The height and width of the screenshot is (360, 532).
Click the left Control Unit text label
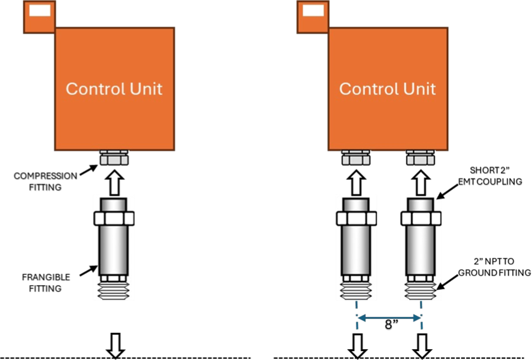click(x=114, y=89)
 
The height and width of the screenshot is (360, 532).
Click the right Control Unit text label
click(x=388, y=89)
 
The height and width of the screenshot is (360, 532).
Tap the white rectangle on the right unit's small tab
click(x=313, y=10)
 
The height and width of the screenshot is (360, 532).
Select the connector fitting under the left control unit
click(x=114, y=158)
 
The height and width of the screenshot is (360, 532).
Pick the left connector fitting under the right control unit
click(x=356, y=158)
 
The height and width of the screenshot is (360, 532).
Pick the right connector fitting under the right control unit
click(x=421, y=158)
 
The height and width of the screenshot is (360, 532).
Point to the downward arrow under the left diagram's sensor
click(x=115, y=345)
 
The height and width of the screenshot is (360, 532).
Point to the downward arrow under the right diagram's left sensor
click(x=357, y=345)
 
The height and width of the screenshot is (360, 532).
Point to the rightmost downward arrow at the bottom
click(x=422, y=345)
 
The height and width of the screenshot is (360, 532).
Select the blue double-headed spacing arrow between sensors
click(x=389, y=318)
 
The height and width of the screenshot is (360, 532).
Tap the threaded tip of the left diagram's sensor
click(x=114, y=291)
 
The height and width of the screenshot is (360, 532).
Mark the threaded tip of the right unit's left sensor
click(x=356, y=291)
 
